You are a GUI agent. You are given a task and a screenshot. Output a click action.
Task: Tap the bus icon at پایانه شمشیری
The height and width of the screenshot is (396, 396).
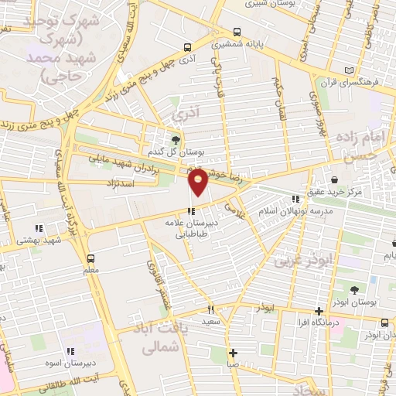pos(236,32)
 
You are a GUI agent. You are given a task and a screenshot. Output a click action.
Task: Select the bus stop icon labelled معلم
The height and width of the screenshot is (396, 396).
pos(91,258)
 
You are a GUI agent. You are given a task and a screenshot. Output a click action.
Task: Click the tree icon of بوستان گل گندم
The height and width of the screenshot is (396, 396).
pos(176,140)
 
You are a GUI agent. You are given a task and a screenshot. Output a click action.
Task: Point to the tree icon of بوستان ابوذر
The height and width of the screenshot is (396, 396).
pos(355,290)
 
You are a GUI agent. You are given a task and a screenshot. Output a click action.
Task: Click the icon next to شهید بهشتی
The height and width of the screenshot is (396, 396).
pos(37,228)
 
